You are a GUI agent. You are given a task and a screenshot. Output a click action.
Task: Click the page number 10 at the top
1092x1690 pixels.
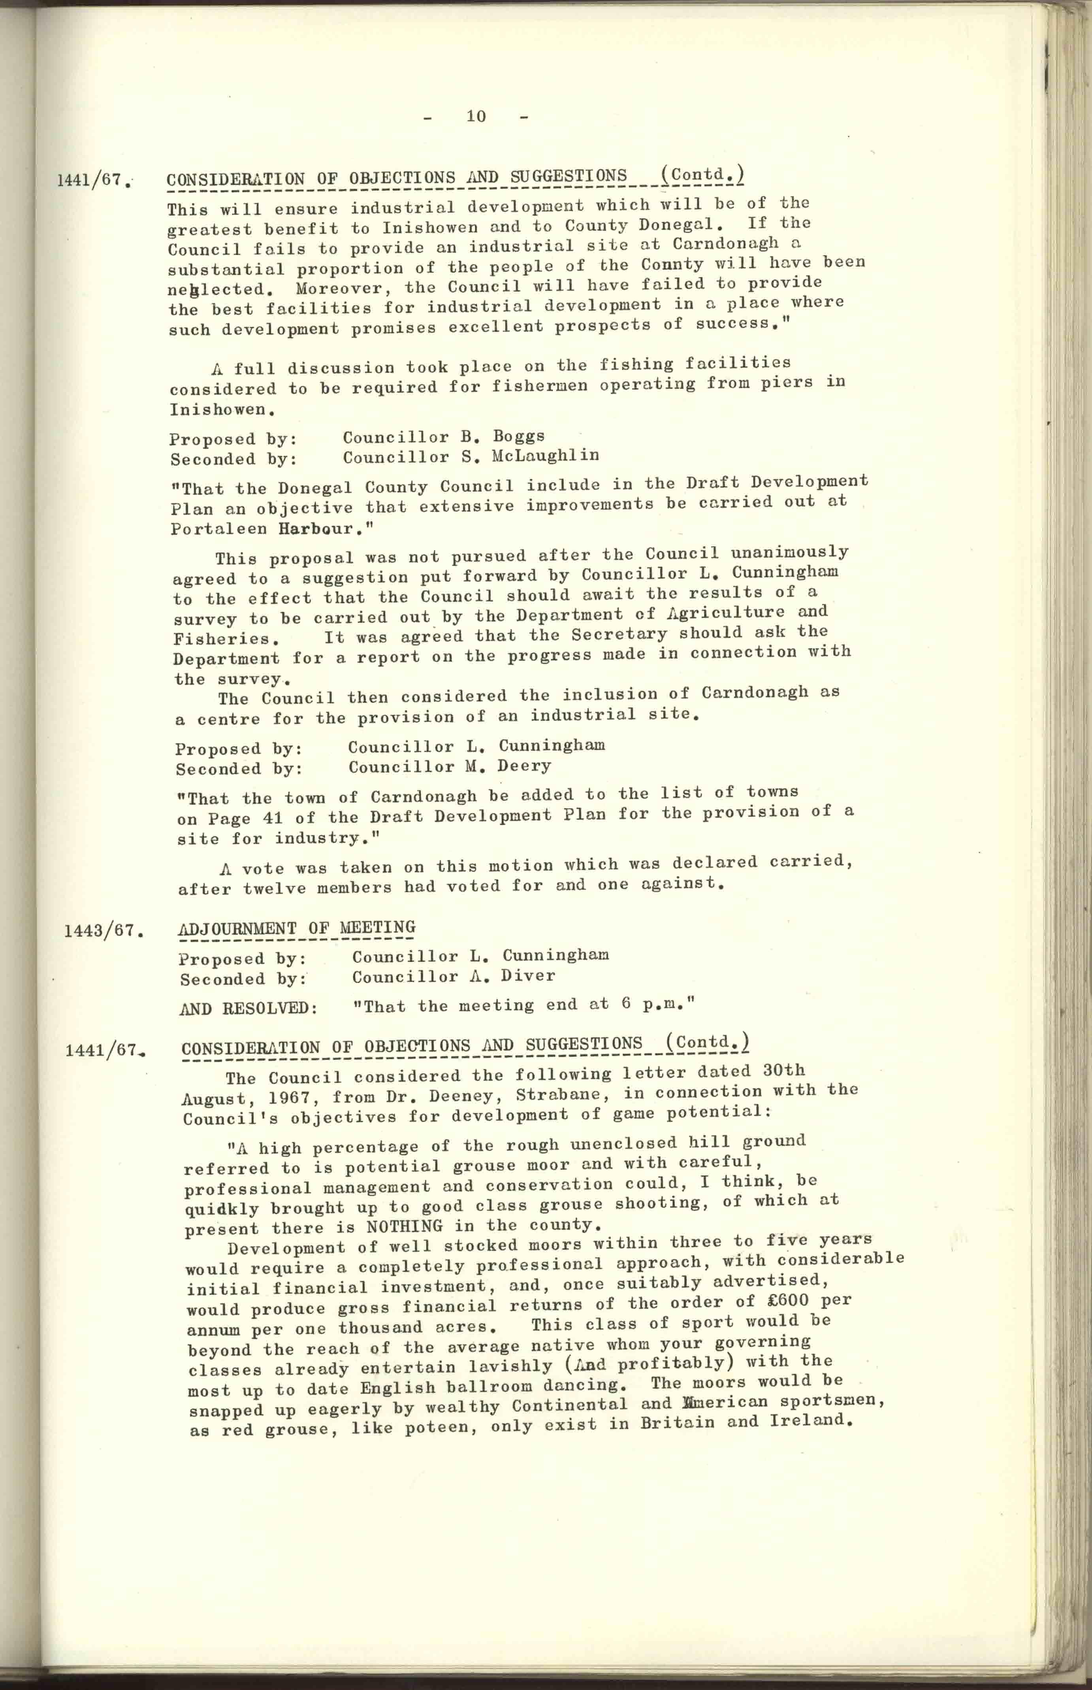pyautogui.click(x=476, y=116)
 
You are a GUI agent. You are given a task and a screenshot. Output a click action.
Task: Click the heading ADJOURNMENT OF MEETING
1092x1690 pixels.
pyautogui.click(x=296, y=928)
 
